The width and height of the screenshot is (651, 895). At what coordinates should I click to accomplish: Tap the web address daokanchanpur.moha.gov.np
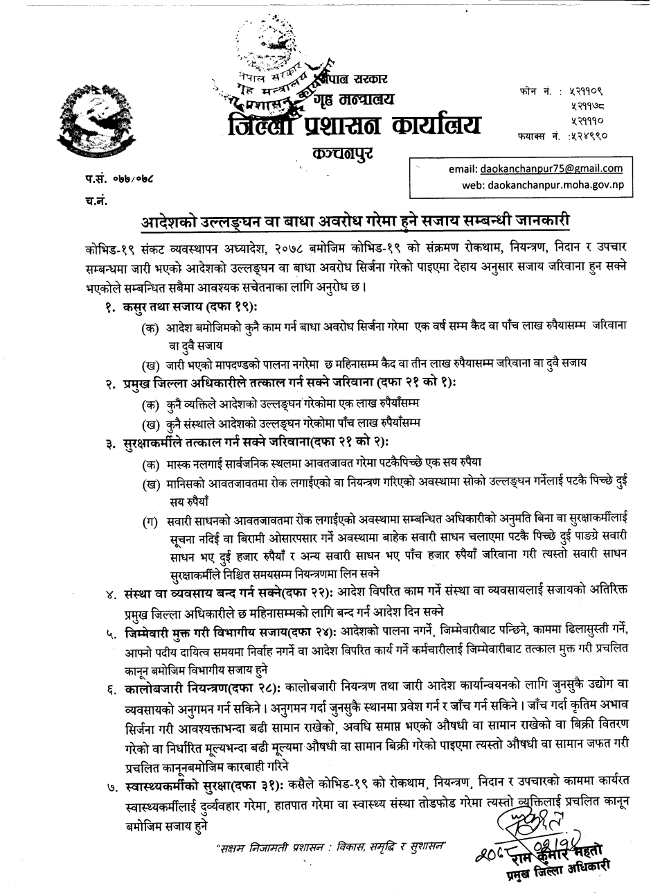pos(542,186)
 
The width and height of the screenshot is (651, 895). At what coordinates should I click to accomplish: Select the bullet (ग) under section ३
pos(149,521)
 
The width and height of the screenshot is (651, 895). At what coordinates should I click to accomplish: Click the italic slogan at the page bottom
pos(329,847)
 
